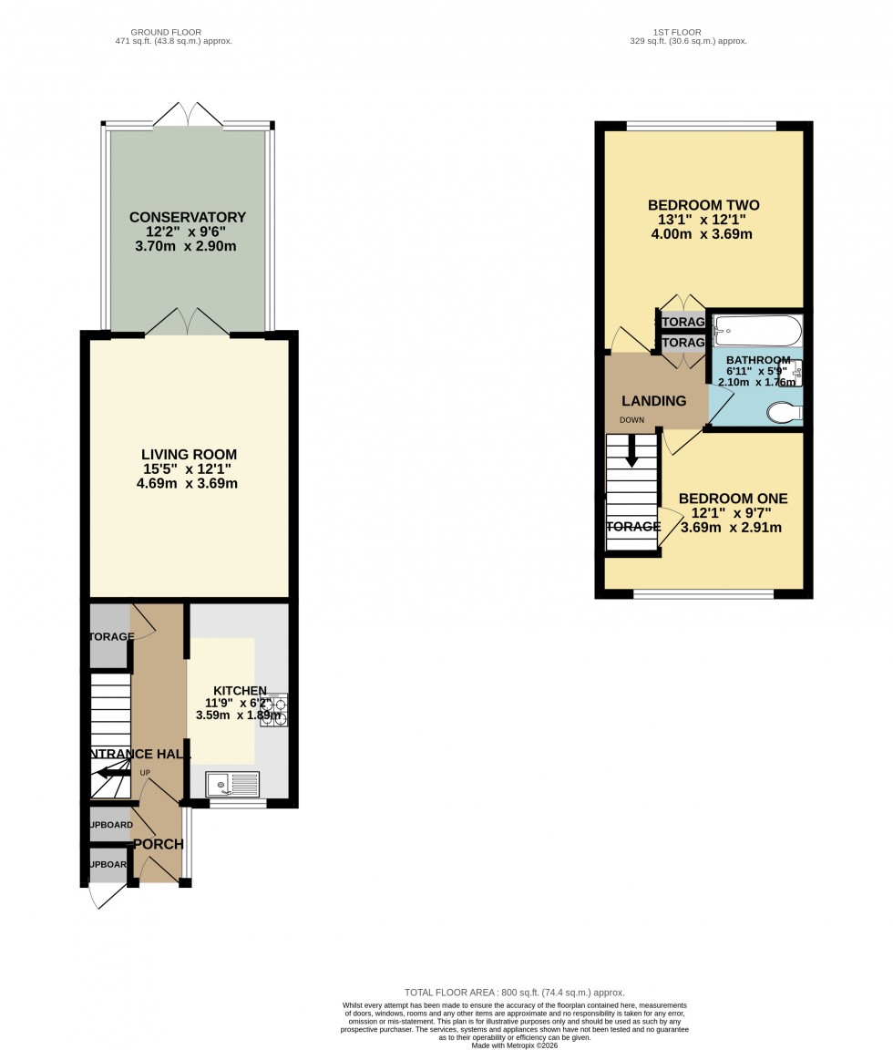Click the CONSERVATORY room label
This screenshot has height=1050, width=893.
(x=188, y=217)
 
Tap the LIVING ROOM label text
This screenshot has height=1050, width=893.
(x=189, y=454)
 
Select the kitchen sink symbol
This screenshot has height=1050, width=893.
(x=232, y=784)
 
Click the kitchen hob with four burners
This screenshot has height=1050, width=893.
(x=274, y=711)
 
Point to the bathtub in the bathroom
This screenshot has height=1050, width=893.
(x=756, y=329)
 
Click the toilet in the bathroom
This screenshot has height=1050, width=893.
(x=784, y=413)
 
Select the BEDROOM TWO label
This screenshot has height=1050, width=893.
(x=703, y=205)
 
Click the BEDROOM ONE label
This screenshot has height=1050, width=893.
(x=733, y=499)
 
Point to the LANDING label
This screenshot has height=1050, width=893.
(x=653, y=401)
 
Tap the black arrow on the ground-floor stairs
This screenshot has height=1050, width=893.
(x=109, y=774)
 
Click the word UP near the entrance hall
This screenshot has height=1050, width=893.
(x=145, y=773)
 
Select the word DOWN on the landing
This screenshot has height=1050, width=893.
(x=631, y=420)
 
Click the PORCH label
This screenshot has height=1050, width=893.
(x=159, y=844)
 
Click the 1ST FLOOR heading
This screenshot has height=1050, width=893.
(x=688, y=32)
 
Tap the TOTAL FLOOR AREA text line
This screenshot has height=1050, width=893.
(x=514, y=993)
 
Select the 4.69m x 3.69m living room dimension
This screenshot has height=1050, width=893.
(x=187, y=483)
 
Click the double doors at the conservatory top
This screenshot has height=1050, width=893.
(x=188, y=115)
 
